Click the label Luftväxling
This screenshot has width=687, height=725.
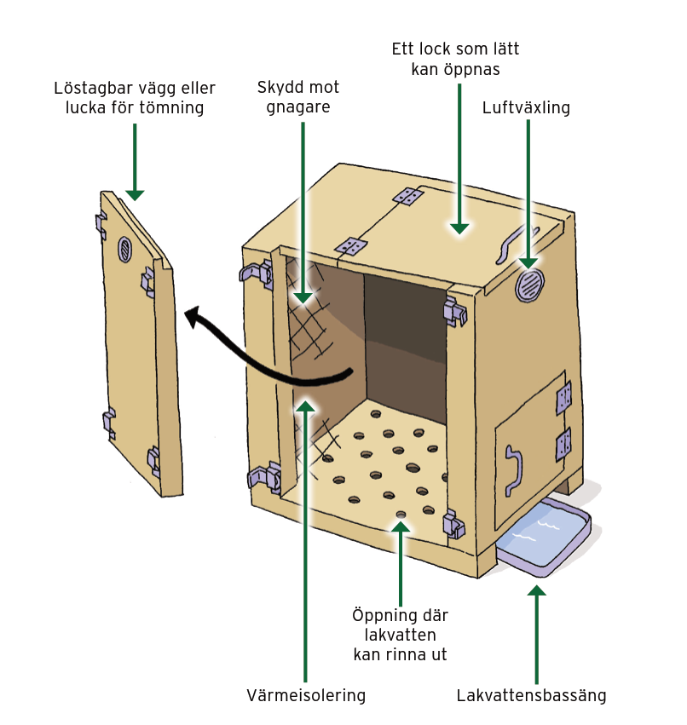[x=525, y=108]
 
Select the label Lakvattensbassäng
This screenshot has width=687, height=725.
[x=531, y=695]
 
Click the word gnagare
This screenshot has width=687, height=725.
[x=297, y=108]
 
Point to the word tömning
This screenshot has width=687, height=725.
[x=174, y=108]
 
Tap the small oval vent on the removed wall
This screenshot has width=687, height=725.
[x=125, y=249]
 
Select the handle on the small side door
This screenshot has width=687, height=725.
[x=512, y=469]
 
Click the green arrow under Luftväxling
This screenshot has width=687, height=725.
[x=528, y=196]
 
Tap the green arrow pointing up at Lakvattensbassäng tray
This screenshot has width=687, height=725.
[x=536, y=630]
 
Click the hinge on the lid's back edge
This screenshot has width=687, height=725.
[x=409, y=197]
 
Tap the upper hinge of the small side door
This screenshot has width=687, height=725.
[x=563, y=396]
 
